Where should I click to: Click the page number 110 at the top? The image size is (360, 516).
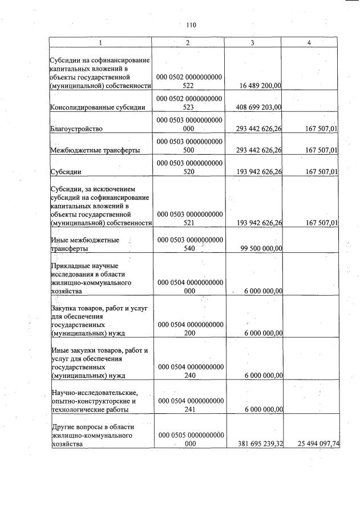191,25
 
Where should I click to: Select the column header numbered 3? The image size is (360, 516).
252,43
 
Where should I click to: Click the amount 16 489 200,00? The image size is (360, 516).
258,86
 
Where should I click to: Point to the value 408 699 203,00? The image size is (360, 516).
258,107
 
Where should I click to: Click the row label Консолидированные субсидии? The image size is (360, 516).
94,107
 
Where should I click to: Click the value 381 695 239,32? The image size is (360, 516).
258,443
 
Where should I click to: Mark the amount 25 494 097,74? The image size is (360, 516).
314,443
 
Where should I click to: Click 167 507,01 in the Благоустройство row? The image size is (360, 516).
318,129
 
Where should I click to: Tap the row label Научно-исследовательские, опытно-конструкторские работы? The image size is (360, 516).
95,401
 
